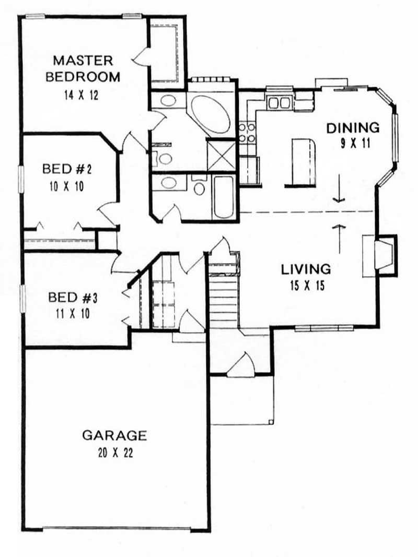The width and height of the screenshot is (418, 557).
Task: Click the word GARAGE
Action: tap(114, 435)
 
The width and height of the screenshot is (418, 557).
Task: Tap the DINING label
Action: tap(352, 127)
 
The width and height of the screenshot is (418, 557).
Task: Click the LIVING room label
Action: tap(306, 269)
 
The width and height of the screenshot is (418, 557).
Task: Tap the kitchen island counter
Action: tap(304, 162)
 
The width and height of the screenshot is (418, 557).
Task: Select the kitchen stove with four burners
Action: tap(247, 132)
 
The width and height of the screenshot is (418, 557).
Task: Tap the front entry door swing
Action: tap(241, 365)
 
